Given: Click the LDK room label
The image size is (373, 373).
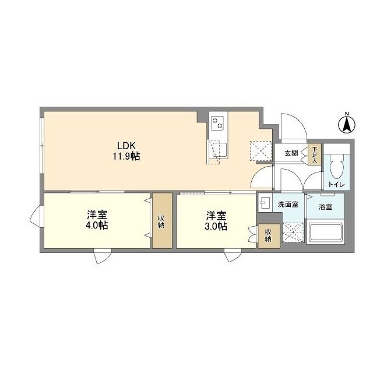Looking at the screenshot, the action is coord(126,145).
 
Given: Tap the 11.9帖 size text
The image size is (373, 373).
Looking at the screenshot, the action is coord(126,157).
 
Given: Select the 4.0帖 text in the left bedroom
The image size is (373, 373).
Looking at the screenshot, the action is coord(97,226).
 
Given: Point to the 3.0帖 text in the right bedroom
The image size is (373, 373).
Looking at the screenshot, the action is coord(216,226).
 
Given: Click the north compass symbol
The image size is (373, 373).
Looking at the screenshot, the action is coord(347,123).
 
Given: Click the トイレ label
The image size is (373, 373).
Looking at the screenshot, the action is coord(337,184).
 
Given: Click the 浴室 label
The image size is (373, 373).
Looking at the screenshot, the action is coord(325,207).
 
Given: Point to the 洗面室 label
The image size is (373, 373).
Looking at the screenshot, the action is coord(288,205).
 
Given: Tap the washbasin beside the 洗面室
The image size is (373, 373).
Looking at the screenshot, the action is coord(265,203).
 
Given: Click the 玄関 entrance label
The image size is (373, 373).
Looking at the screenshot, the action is coord(291,153).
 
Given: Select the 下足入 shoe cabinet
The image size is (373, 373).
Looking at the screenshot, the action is coord(315,154).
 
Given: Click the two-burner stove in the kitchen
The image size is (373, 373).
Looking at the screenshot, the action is coord(218,123).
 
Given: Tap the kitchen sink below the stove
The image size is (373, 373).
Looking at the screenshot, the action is coord(220,150).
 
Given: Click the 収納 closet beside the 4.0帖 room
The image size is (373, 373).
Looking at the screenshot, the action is coord(162,221).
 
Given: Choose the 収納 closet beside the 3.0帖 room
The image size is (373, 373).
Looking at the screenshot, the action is coord(269,235).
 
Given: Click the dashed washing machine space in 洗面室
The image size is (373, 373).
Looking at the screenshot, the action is coord(293,233).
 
